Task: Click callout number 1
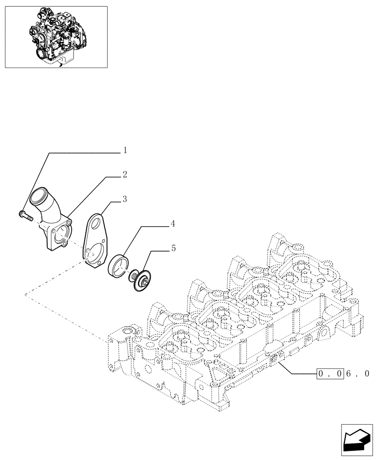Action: [x=125, y=150]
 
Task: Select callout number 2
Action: [x=125, y=175]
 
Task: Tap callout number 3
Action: [x=125, y=199]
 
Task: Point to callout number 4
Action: [x=172, y=224]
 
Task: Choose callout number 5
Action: [x=173, y=248]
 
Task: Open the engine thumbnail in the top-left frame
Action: [x=56, y=37]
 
